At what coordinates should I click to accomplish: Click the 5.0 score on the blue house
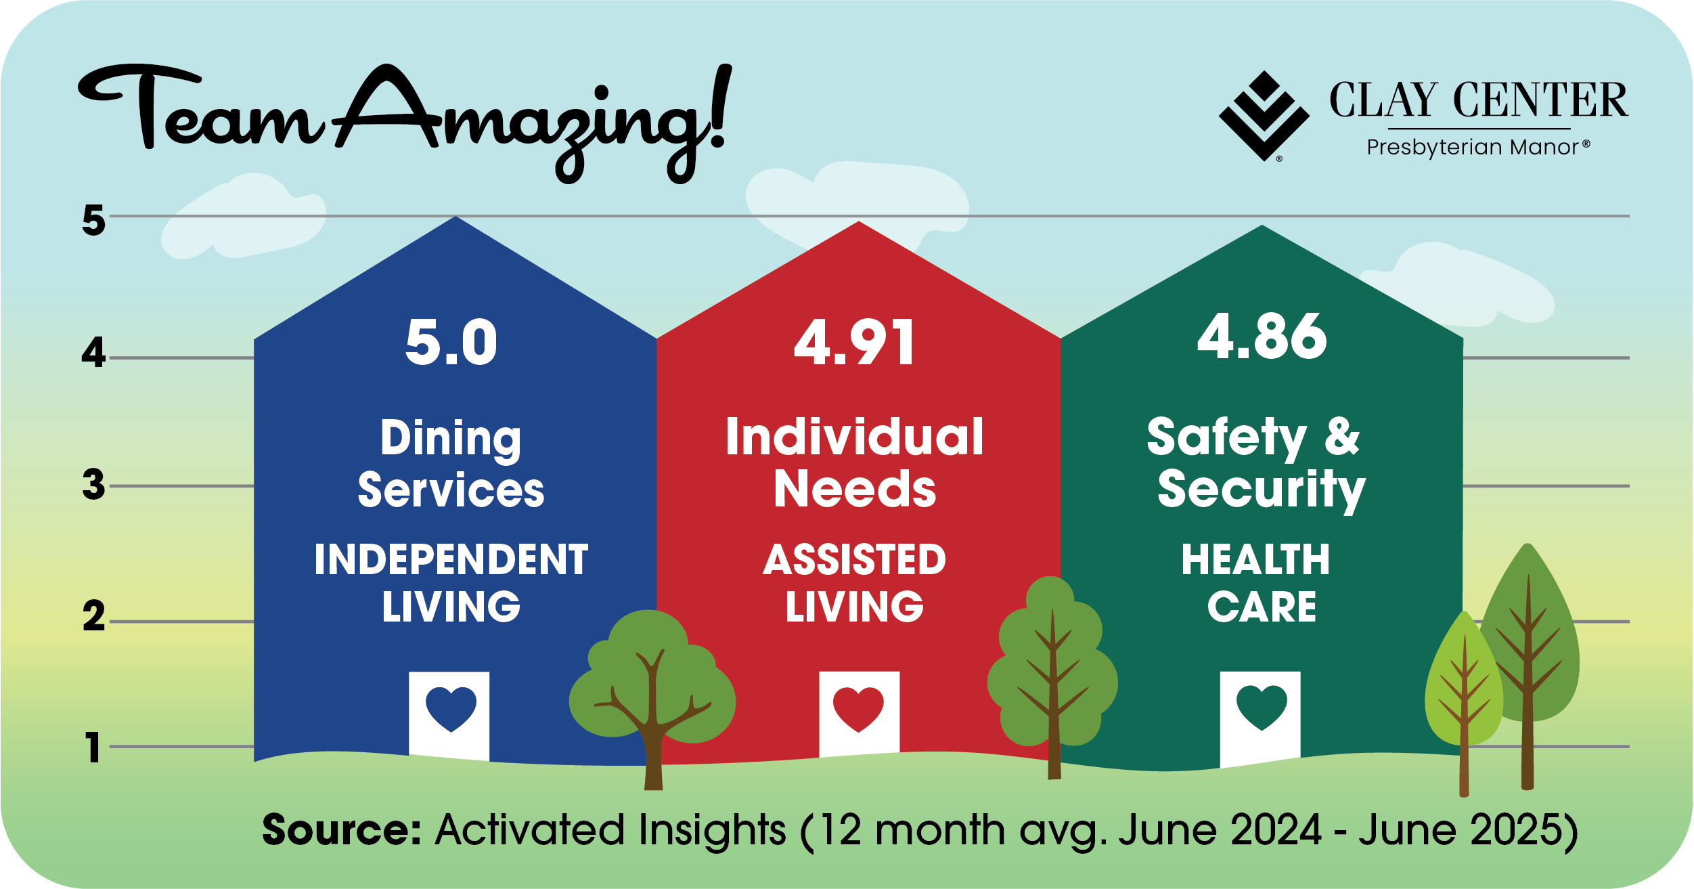pyautogui.click(x=451, y=343)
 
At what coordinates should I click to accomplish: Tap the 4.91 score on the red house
pyautogui.click(x=854, y=343)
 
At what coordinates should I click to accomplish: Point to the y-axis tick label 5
pyautogui.click(x=94, y=220)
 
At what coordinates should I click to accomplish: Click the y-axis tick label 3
pyautogui.click(x=94, y=485)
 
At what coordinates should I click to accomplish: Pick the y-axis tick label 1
pyautogui.click(x=93, y=747)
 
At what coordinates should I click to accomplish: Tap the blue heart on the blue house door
pyautogui.click(x=451, y=708)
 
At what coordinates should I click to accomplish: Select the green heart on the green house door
pyautogui.click(x=1262, y=708)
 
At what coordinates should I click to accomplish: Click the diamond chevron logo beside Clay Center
pyautogui.click(x=1264, y=116)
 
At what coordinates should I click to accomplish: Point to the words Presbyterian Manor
pyautogui.click(x=1472, y=148)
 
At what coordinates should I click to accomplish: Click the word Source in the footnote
pyautogui.click(x=342, y=829)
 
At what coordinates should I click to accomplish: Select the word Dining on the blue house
pyautogui.click(x=451, y=439)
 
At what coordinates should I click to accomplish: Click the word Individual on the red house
pyautogui.click(x=854, y=437)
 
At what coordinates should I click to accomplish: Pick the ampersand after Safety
pyautogui.click(x=1341, y=437)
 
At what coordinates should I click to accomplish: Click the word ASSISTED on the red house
pyautogui.click(x=854, y=559)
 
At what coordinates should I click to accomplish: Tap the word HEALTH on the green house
pyautogui.click(x=1256, y=559)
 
